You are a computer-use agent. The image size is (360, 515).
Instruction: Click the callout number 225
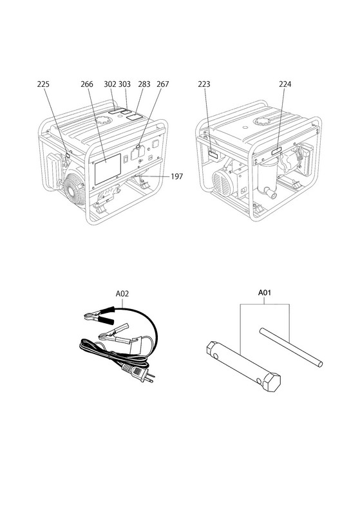[x=43, y=84]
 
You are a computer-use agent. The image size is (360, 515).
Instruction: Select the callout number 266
[x=87, y=84]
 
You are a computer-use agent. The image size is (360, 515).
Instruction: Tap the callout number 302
[x=110, y=84]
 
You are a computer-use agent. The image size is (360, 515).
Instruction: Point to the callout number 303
[x=124, y=84]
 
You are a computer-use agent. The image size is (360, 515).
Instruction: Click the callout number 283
[x=144, y=84]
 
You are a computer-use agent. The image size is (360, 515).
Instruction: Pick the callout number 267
[x=162, y=84]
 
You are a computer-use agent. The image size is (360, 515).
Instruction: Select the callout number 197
[x=176, y=176]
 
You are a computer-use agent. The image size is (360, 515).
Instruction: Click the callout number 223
[x=204, y=84]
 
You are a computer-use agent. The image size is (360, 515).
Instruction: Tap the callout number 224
[x=285, y=84]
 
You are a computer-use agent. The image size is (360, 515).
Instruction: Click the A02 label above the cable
[x=122, y=294]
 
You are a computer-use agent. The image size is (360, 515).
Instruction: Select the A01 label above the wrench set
[x=265, y=292]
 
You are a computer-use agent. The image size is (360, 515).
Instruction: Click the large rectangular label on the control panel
[x=108, y=169]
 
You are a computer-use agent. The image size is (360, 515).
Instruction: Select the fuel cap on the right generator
[x=262, y=121]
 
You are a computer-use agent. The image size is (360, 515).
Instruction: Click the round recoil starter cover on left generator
[x=75, y=189]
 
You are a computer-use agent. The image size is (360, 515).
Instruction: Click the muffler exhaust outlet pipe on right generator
[x=270, y=194]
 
